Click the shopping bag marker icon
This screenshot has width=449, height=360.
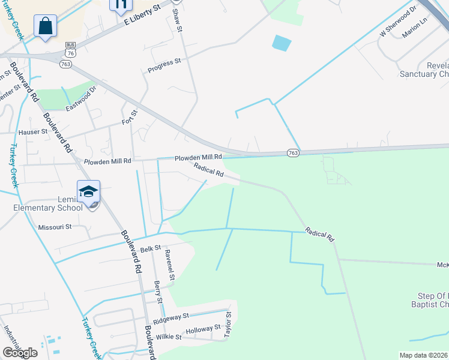tap(45, 26)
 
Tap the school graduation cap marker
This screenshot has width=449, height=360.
tap(88, 192)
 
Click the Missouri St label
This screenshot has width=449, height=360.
tap(55, 227)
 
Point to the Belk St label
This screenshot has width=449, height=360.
tap(151, 248)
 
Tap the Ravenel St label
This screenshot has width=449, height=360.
tap(170, 265)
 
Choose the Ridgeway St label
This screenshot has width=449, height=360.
tap(171, 317)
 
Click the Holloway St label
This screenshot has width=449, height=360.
tap(203, 329)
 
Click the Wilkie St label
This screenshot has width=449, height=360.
tap(169, 337)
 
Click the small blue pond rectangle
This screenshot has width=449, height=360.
tap(281, 43)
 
